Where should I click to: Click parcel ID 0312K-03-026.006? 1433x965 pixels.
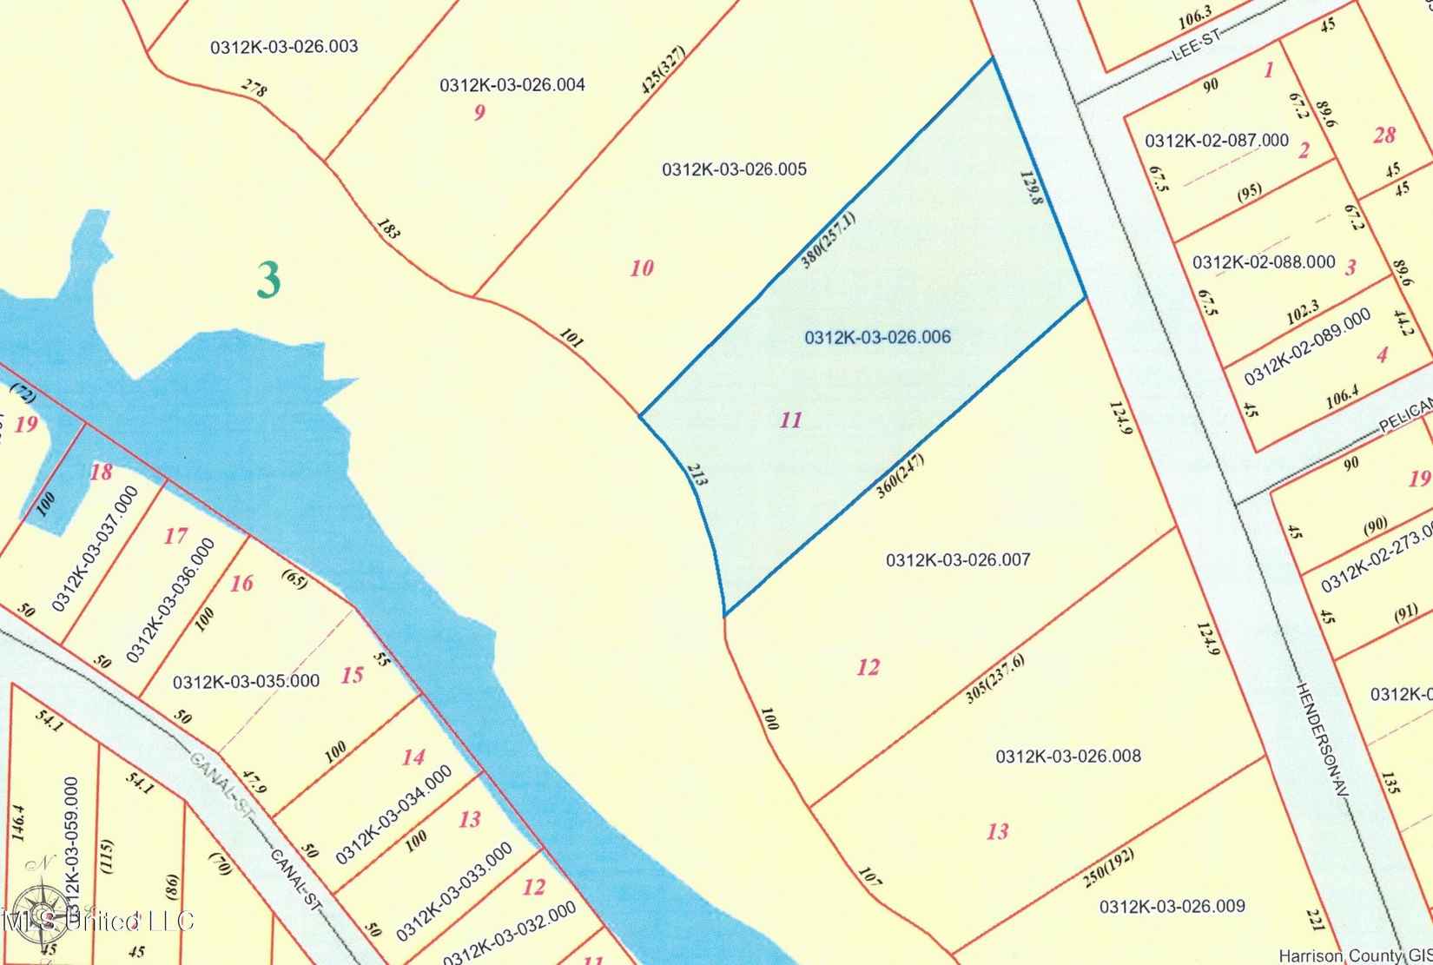877,337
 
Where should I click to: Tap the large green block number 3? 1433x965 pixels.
269,280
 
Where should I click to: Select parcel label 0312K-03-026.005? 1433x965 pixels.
734,169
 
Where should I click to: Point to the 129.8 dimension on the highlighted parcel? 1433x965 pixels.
1031,187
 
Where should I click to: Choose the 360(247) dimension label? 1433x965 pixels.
901,475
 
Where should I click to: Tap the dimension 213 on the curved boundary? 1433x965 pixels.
696,473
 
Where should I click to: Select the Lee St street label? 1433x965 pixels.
1196,43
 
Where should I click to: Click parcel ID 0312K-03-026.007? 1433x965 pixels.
958,560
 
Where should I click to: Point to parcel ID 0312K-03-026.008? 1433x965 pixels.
1068,757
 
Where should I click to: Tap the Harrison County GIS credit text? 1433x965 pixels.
1354,955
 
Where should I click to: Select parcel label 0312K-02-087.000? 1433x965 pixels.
1216,141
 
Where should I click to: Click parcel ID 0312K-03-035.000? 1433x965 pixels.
246,681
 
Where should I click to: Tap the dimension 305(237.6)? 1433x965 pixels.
995,679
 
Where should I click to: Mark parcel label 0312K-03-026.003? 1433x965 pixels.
284,47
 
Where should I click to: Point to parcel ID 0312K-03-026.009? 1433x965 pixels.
1172,907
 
